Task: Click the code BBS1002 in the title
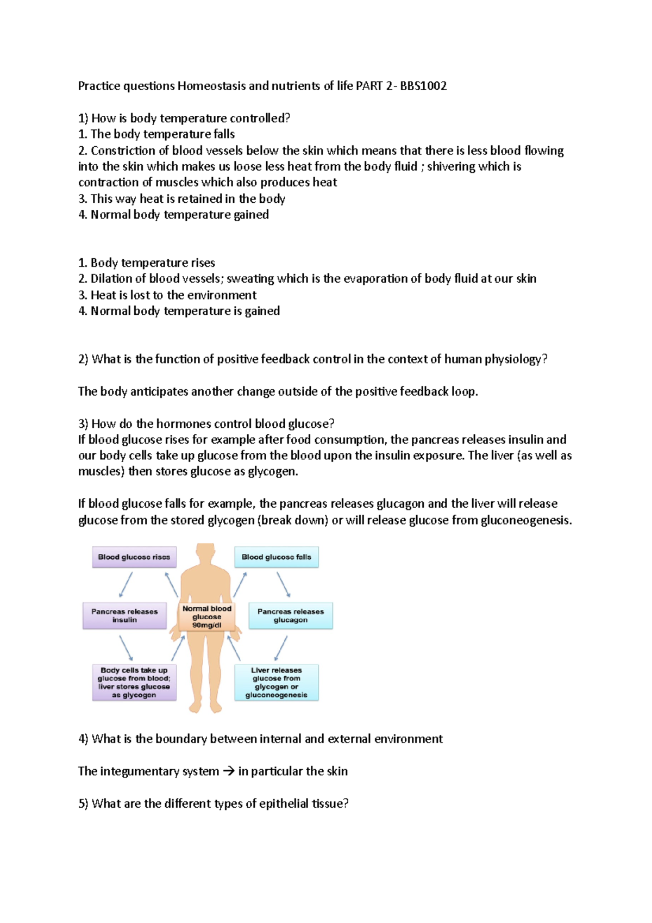click(423, 86)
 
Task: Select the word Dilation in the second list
click(110, 279)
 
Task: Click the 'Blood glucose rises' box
click(134, 557)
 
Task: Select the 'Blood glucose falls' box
click(276, 557)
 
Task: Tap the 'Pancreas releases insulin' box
click(124, 616)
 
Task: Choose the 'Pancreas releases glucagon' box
click(290, 616)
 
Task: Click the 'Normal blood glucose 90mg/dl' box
click(207, 617)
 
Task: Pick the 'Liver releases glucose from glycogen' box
click(276, 683)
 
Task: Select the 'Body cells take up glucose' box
click(134, 683)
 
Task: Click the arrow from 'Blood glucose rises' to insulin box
click(126, 585)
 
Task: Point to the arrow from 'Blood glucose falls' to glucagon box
click(284, 585)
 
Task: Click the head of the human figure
click(205, 552)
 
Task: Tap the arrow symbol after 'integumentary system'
click(229, 771)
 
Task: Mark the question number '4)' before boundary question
click(83, 739)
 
